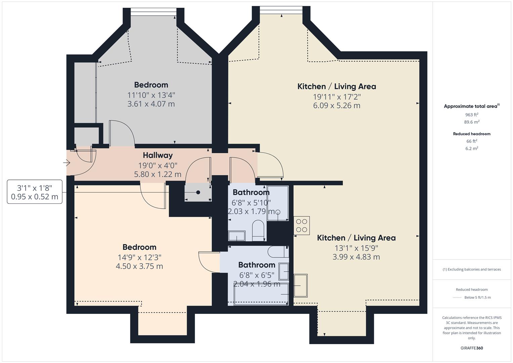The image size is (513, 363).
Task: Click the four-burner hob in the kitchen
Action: (x=302, y=226)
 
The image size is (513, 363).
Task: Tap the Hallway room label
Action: (x=158, y=155)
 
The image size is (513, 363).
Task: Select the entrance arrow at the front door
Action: (x=67, y=163)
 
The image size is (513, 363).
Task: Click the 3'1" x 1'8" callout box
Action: (x=35, y=192)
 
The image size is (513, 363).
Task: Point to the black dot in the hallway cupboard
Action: (x=198, y=192)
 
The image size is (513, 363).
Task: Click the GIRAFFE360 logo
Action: (x=472, y=348)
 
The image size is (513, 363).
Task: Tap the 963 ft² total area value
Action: (x=472, y=115)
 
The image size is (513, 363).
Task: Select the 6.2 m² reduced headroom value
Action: (x=472, y=148)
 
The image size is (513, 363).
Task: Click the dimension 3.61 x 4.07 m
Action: (x=151, y=104)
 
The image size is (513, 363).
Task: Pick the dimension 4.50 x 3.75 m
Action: (x=139, y=266)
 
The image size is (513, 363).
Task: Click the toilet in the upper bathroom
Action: (x=258, y=231)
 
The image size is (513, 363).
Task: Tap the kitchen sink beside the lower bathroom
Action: (x=301, y=286)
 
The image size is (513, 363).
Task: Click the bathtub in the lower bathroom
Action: (x=261, y=294)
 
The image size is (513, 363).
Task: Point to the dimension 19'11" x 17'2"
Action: (x=337, y=97)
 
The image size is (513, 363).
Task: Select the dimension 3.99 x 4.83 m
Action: (x=356, y=257)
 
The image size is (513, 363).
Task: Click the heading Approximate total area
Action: (x=470, y=106)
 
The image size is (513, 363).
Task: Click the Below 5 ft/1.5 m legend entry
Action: (x=477, y=297)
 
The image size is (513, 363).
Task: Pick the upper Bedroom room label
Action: (x=151, y=85)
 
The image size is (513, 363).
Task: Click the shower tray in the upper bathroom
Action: (x=277, y=203)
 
